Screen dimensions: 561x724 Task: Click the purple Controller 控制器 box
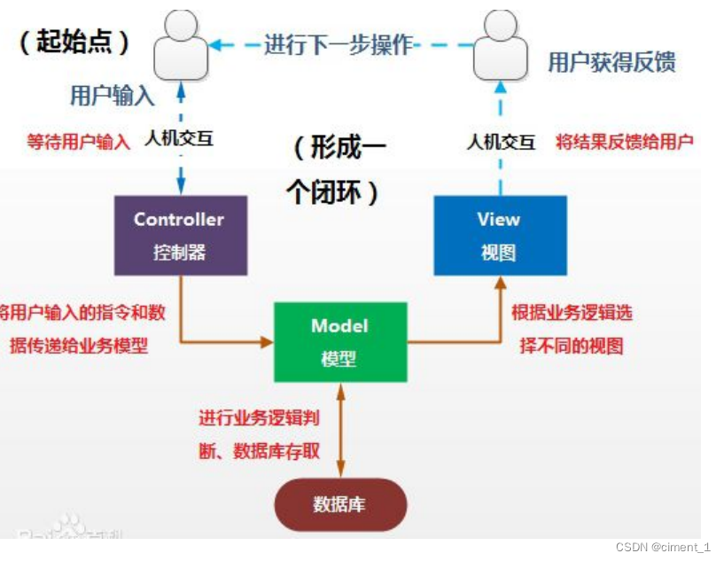click(181, 236)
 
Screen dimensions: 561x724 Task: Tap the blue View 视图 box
click(499, 236)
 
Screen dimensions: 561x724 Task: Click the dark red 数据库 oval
click(339, 504)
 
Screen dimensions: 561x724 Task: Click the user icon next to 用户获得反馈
click(500, 47)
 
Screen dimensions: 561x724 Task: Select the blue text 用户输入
click(113, 96)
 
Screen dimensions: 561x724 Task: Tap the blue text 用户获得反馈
click(611, 61)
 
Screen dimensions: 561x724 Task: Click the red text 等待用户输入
click(79, 141)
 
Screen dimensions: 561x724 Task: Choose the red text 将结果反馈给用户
click(624, 141)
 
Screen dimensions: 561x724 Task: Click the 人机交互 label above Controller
click(181, 139)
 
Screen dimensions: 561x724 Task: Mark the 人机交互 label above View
click(501, 141)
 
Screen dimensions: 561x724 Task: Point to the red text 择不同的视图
click(571, 346)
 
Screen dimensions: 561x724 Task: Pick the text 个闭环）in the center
click(333, 192)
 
